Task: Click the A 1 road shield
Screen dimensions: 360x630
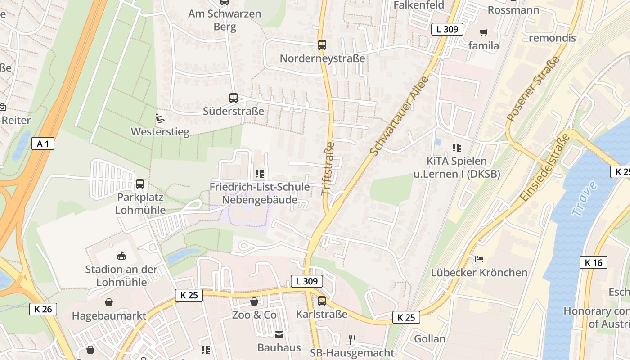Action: point(43,144)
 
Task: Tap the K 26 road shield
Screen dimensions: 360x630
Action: point(43,309)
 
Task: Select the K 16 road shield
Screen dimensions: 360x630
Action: point(593,262)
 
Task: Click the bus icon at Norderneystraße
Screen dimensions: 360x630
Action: point(322,45)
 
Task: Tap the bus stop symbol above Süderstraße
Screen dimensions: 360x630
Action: point(233,98)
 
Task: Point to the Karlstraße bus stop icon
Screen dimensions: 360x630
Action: point(321,301)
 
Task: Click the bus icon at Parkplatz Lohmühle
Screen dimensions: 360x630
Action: point(140,184)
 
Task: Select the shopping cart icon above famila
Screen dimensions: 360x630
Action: point(484,32)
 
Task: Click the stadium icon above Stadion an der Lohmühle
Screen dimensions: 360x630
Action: point(121,256)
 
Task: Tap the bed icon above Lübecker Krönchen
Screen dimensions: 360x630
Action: point(479,259)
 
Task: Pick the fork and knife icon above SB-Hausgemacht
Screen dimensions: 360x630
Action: point(352,339)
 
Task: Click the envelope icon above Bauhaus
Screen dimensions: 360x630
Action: point(279,334)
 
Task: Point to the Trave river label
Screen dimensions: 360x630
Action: point(585,198)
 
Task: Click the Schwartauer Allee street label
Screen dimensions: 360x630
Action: point(399,116)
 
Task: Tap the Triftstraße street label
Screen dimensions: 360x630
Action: point(328,169)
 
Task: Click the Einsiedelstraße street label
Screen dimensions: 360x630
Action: point(544,167)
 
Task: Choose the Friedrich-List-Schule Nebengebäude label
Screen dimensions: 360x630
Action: point(260,193)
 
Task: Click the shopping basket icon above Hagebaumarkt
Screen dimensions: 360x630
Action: point(108,302)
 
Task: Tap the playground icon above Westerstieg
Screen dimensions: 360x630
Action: point(160,118)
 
